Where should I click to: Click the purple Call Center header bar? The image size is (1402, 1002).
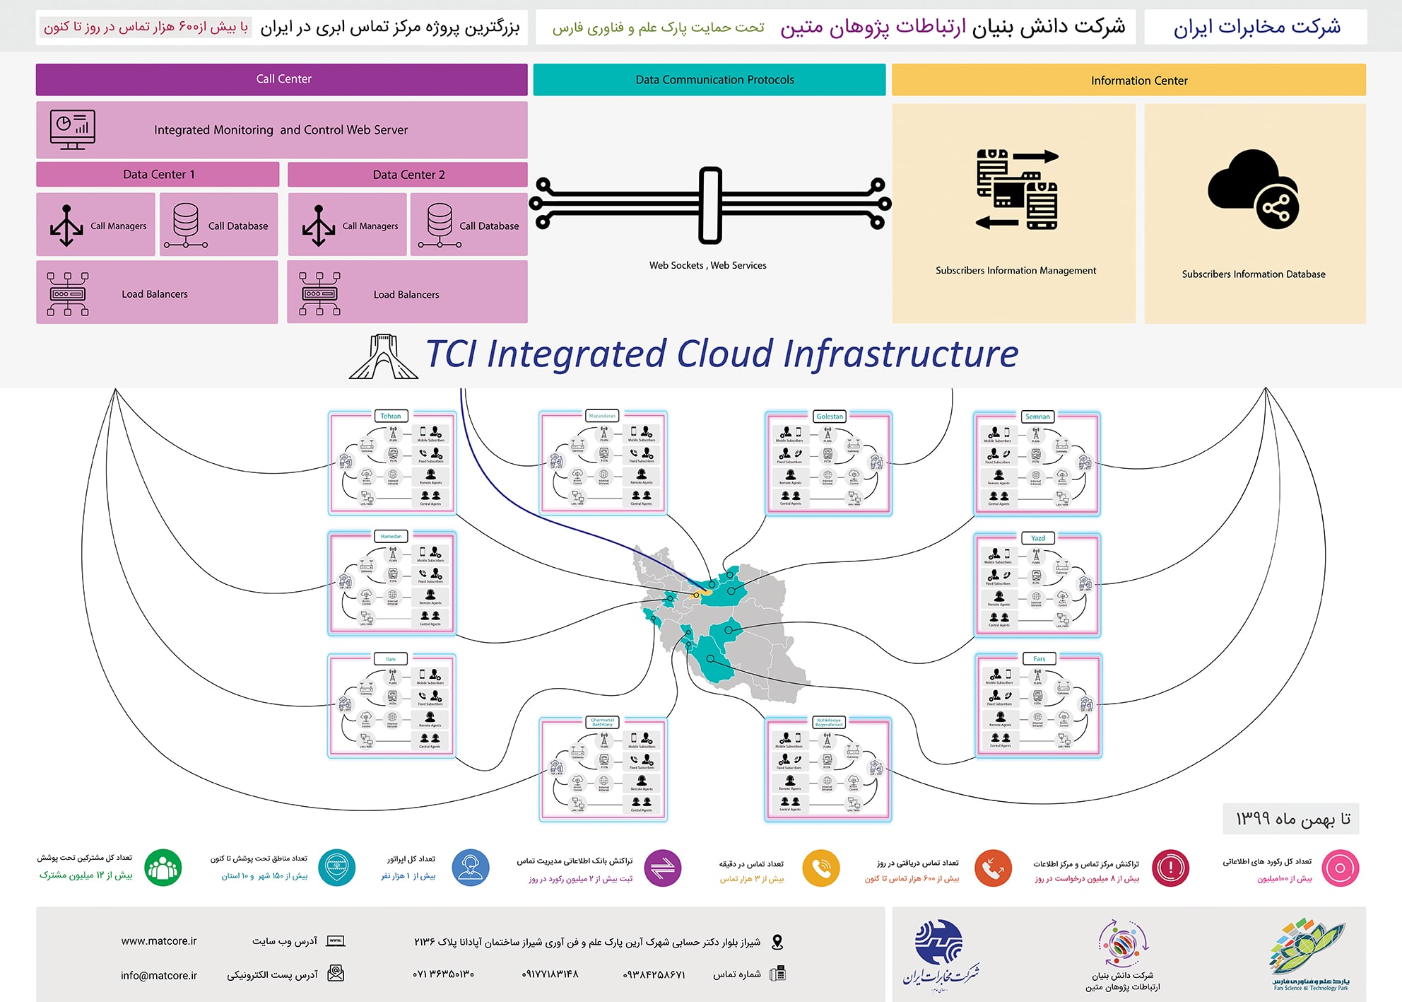coord(282,79)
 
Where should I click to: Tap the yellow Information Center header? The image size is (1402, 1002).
coord(1129,81)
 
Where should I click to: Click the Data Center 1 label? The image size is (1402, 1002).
coord(158,175)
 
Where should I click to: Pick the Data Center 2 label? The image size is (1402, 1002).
coord(408,175)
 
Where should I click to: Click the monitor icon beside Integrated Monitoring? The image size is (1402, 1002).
coord(72,130)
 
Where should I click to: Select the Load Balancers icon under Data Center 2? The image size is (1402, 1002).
coord(319,293)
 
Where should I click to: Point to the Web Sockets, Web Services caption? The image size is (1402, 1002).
coord(707,265)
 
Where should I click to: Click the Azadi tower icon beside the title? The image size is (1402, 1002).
coord(383,356)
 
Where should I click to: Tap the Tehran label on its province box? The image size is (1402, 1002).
coord(391,416)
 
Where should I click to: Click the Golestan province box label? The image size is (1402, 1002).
coord(830,416)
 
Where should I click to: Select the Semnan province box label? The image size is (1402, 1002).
coord(1037,416)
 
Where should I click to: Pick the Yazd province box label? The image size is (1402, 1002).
coord(1037,538)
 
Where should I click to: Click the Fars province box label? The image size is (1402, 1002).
coord(1039,658)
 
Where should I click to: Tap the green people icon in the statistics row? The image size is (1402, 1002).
coord(163,868)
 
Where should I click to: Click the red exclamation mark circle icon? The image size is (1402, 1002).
coord(1170,868)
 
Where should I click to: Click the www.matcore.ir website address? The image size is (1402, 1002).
coord(159,941)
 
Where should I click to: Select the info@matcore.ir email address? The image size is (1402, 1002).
coord(159,975)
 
